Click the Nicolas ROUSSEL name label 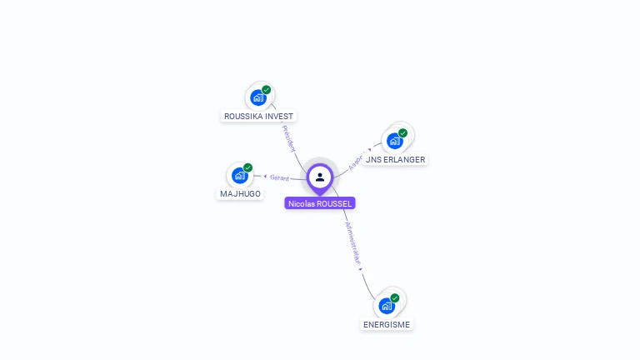pos(320,203)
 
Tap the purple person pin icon pos(320,177)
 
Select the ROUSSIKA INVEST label pos(258,117)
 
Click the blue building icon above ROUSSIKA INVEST pos(258,97)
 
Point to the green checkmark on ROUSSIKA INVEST pos(267,90)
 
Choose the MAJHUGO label pos(240,194)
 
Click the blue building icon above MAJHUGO pos(240,175)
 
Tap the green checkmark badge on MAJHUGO pos(248,167)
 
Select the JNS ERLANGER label pos(395,159)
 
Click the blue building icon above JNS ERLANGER pos(395,141)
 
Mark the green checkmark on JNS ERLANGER pos(403,133)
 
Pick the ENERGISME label pos(387,324)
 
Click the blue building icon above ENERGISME pos(387,306)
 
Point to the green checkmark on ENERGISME pos(395,297)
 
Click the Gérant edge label pos(279,177)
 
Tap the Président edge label pos(289,138)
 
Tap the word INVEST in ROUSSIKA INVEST pos(279,117)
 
